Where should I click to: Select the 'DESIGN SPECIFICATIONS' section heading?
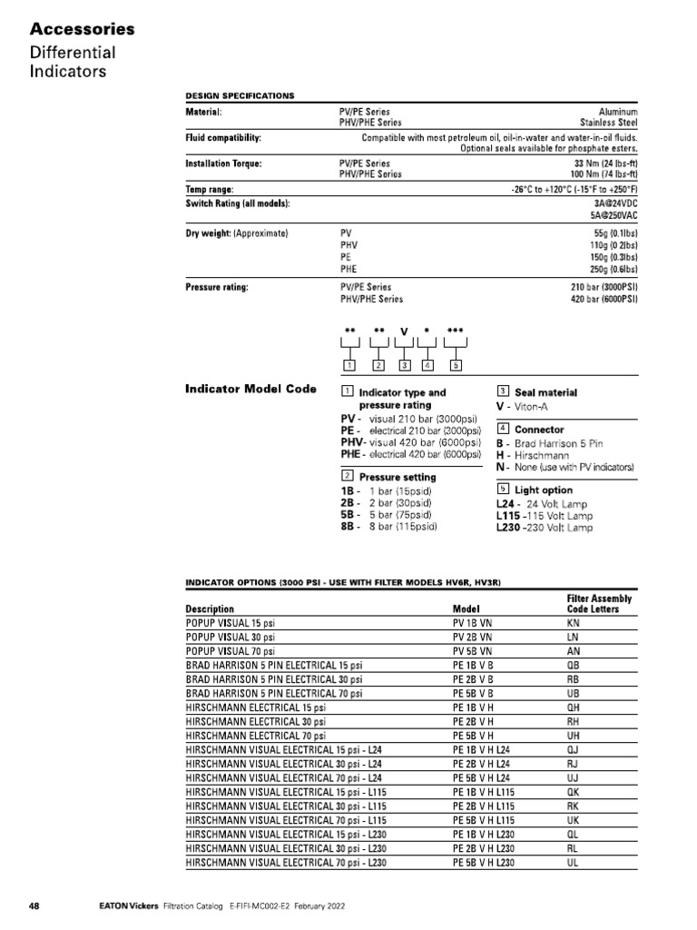[x=240, y=95]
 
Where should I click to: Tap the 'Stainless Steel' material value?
[x=609, y=122]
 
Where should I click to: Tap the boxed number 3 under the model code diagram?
[x=405, y=365]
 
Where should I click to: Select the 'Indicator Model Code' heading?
[x=250, y=390]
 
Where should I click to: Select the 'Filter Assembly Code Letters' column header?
[x=599, y=604]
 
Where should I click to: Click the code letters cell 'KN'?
[x=574, y=625]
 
